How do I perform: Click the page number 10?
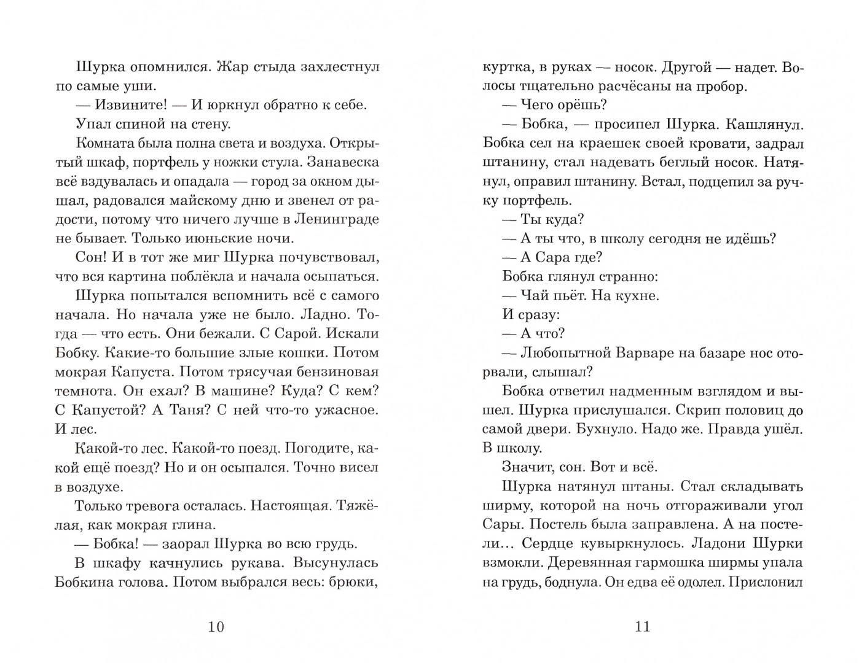(216, 627)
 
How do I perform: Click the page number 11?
(642, 627)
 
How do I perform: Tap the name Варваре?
(653, 353)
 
